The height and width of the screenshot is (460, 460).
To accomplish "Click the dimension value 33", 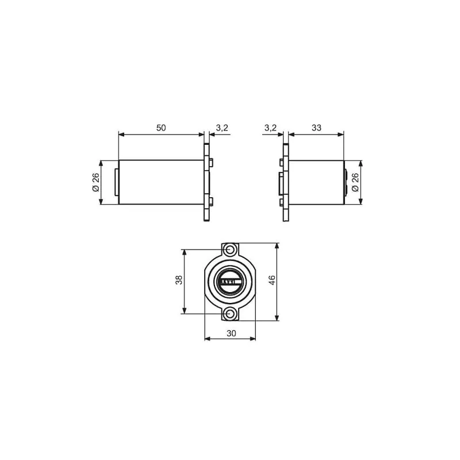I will point(316,128).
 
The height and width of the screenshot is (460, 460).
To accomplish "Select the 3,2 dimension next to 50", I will point(223,128).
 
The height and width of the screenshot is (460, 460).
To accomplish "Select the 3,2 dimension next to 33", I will point(270,128).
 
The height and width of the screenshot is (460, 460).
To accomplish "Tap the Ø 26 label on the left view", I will point(95,182).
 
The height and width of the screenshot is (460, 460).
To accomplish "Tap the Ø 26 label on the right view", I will point(354,182).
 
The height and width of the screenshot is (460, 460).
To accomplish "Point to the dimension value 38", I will point(179,281).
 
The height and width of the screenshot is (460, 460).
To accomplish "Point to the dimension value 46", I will point(272,281).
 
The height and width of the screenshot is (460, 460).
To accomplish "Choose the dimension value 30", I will point(230,333).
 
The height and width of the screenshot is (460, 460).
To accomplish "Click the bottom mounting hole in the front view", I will point(230,314).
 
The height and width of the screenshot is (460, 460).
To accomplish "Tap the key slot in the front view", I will point(230,282).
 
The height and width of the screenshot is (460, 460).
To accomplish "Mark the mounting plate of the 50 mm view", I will point(205,182).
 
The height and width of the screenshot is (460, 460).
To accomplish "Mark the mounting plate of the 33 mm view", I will point(285,182).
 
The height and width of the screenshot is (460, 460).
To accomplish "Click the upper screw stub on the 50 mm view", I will point(211,162).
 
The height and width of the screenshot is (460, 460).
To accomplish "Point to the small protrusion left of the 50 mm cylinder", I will point(117,182).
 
